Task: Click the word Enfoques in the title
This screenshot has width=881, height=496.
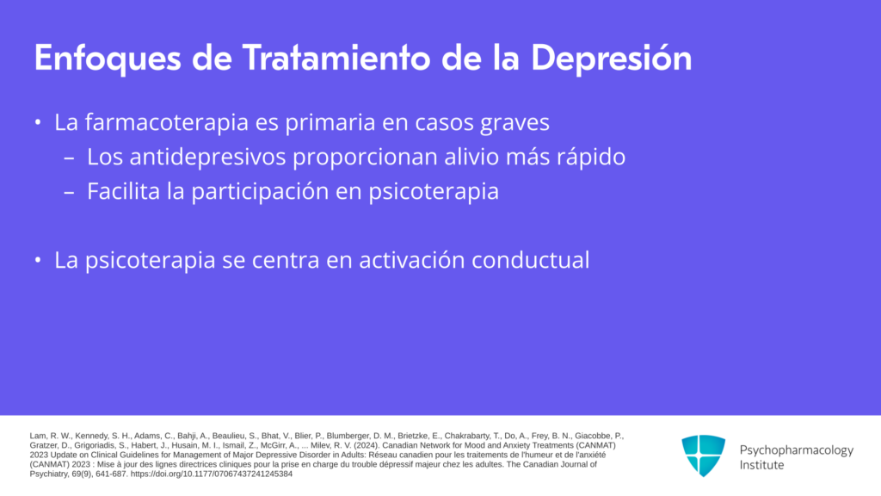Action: (x=108, y=59)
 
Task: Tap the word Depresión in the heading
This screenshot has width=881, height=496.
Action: (x=612, y=59)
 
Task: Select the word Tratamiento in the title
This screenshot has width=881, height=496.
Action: (x=337, y=58)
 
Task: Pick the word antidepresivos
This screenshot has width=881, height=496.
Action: (x=207, y=157)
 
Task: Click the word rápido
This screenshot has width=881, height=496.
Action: (x=590, y=158)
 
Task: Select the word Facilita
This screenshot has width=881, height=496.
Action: (x=124, y=191)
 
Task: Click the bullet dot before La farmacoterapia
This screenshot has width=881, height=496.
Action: (x=38, y=122)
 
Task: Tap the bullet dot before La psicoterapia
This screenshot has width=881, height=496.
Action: (x=38, y=260)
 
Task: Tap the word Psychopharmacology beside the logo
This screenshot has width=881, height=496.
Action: (x=796, y=449)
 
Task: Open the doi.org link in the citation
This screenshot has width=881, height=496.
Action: (x=212, y=474)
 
